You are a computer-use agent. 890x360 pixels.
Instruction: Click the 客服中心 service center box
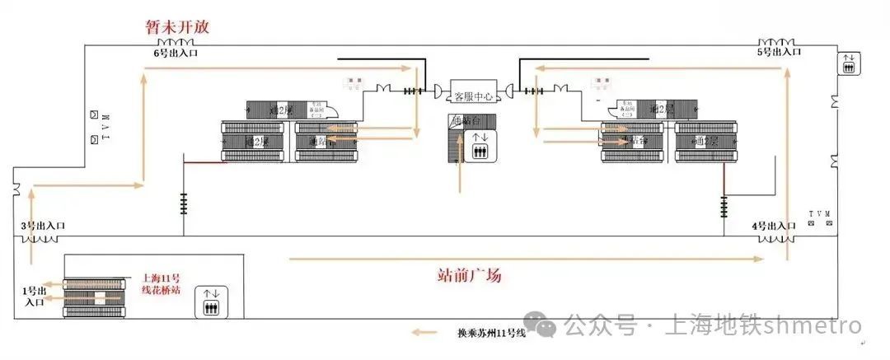(x=472, y=96)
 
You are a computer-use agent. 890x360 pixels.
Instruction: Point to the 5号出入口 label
(x=779, y=52)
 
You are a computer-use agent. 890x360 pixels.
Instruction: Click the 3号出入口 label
(x=43, y=226)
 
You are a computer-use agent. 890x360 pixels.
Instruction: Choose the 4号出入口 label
(x=774, y=226)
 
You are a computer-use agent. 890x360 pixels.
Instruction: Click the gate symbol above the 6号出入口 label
(x=175, y=42)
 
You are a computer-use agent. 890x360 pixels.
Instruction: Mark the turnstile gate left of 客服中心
(x=413, y=91)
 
